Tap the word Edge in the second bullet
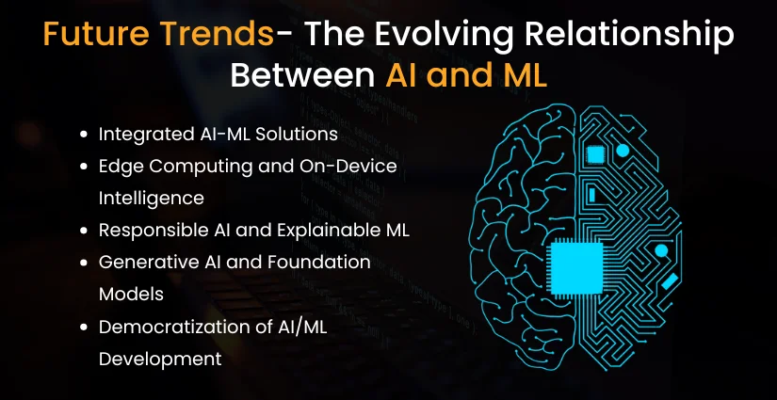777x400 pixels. [118, 166]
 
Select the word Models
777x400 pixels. [131, 294]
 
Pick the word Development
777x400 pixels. [160, 358]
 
